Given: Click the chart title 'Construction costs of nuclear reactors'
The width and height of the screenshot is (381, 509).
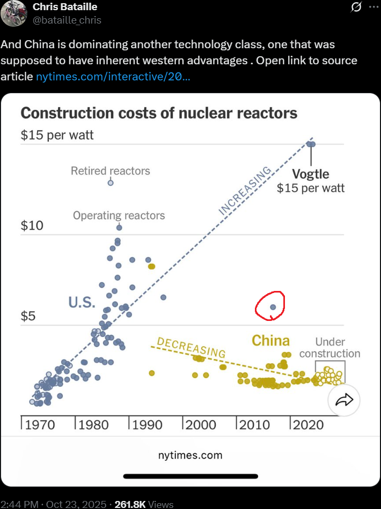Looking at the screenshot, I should point(158,113).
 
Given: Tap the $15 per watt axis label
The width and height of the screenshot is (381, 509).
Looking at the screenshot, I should point(57,134).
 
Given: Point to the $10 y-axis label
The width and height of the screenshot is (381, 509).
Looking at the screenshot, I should point(32,225).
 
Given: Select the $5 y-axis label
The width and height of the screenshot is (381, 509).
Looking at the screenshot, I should point(28,316).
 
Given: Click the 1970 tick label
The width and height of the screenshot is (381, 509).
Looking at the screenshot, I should point(40,424).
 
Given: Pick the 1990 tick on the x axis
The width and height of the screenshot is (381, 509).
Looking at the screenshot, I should point(147,424).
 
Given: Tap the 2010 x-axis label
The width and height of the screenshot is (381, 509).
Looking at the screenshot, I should point(254,424).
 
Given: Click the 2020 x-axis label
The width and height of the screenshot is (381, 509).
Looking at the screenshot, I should point(308,424).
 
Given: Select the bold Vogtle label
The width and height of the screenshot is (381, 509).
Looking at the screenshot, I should point(311,174).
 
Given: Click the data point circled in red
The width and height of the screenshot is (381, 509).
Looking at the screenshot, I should point(273,307).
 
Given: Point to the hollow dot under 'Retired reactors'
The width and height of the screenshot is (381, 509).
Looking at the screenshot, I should point(111,183).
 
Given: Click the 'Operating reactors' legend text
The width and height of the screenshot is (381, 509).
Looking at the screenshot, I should point(119,215).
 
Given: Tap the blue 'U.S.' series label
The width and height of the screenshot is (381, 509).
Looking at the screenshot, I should point(82,303).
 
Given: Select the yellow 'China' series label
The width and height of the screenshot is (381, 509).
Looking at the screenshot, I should point(270,340).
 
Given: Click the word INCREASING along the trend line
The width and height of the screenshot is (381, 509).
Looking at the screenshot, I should point(246,191).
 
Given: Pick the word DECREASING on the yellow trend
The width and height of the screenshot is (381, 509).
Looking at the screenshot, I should point(191,348).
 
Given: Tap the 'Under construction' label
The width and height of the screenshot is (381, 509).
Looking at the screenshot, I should point(329,347).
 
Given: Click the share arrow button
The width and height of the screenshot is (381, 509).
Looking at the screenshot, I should point(344,399).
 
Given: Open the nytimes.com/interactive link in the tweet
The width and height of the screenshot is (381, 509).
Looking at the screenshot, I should point(112,76).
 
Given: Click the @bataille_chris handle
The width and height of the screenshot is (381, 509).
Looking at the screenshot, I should point(67,20).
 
